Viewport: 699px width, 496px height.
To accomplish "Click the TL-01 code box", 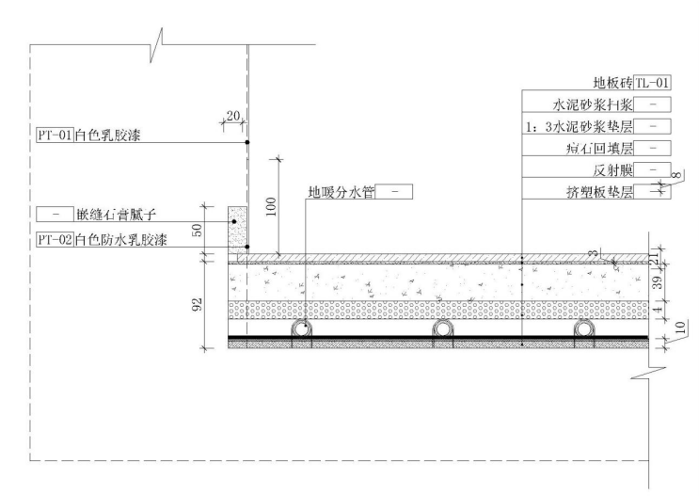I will point(652,83).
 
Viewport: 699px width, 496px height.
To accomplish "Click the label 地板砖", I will point(612,83).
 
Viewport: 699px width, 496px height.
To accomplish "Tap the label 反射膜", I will point(612,170).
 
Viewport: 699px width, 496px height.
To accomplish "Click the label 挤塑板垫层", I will point(603,192).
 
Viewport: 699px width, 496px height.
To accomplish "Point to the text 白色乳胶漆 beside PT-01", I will point(104,136).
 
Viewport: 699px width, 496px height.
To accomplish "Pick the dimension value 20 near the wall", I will point(232,115).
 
